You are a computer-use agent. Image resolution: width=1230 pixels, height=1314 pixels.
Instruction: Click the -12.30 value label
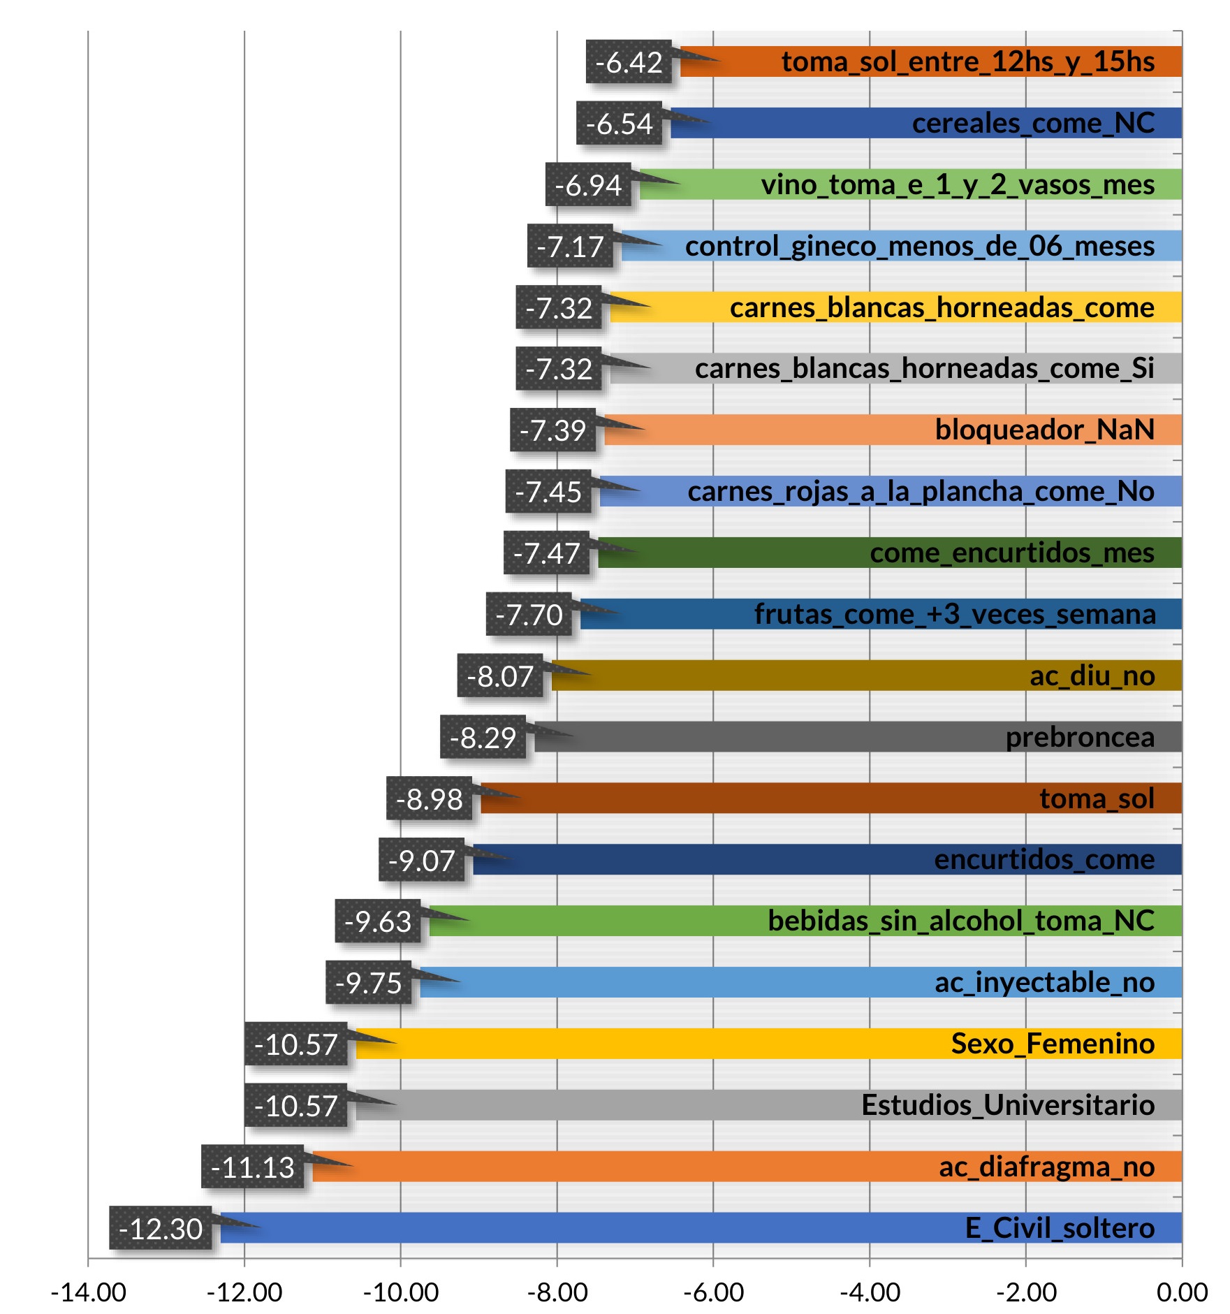click(x=161, y=1228)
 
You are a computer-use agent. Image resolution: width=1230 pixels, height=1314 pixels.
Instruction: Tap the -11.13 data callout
click(x=252, y=1167)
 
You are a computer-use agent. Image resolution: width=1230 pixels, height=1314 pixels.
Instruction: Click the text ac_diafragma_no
click(x=1046, y=1167)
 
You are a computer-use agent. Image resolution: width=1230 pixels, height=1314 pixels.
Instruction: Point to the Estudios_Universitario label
click(x=1008, y=1105)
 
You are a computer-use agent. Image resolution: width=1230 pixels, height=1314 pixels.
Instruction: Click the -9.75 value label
click(x=368, y=982)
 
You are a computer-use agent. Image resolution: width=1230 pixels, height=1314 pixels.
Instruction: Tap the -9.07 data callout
click(x=421, y=860)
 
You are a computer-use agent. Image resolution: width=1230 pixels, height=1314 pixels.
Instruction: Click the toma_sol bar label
click(x=1097, y=798)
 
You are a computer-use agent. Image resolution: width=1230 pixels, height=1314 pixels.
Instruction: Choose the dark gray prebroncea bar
click(x=768, y=737)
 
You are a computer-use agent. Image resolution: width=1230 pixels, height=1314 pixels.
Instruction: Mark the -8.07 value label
click(x=500, y=676)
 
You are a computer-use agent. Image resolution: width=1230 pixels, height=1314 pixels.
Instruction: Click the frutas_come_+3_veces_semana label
click(x=954, y=614)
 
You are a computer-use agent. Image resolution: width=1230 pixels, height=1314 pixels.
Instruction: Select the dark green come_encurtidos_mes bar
click(x=733, y=553)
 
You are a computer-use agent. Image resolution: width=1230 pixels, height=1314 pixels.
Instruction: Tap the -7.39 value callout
click(x=552, y=430)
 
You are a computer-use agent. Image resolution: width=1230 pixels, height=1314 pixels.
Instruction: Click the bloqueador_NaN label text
click(x=1044, y=430)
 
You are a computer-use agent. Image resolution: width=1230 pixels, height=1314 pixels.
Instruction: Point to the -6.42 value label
click(x=629, y=61)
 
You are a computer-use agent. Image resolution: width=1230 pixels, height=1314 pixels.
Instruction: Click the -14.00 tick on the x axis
click(x=89, y=1292)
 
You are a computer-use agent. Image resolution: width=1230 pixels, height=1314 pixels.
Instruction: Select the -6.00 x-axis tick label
click(x=713, y=1292)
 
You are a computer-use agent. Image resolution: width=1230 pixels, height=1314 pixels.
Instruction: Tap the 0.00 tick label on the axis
click(x=1182, y=1292)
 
